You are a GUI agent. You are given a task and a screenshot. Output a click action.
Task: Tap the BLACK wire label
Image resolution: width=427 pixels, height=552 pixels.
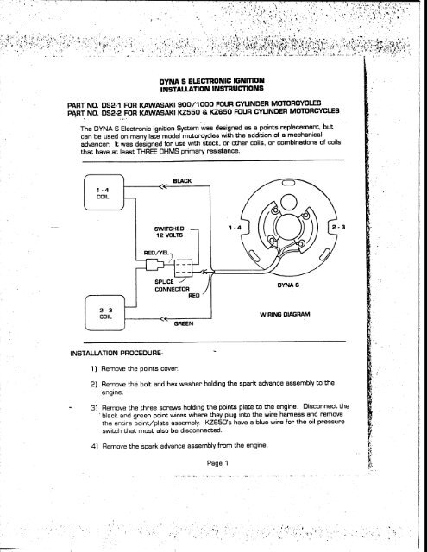pyautogui.click(x=182, y=181)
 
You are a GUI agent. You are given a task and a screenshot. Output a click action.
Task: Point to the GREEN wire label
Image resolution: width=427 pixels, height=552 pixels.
pyautogui.click(x=184, y=323)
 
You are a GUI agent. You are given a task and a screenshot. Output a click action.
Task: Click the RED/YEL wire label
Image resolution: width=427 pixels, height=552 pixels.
pyautogui.click(x=156, y=253)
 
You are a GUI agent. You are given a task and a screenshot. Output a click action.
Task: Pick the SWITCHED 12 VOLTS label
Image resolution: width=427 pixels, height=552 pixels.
pyautogui.click(x=169, y=232)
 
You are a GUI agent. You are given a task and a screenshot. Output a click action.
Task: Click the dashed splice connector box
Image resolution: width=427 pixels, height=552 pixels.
pyautogui.click(x=184, y=268)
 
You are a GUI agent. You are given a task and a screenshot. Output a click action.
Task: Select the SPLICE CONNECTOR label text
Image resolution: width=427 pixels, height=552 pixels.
pyautogui.click(x=173, y=285)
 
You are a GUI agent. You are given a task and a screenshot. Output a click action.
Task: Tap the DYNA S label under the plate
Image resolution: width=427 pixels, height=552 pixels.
pyautogui.click(x=288, y=285)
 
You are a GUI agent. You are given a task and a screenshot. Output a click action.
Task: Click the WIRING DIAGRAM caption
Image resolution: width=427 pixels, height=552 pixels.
pyautogui.click(x=285, y=314)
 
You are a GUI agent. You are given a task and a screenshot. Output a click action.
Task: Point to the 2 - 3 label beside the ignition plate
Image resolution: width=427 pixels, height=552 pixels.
pyautogui.click(x=338, y=227)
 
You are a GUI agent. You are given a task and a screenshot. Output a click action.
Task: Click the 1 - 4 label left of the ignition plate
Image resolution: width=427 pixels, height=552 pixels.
pyautogui.click(x=235, y=228)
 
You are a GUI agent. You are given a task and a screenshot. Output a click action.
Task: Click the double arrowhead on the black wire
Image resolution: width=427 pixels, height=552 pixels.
pyautogui.click(x=163, y=186)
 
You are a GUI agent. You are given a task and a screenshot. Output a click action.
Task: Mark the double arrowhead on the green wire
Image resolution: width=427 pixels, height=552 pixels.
pyautogui.click(x=164, y=319)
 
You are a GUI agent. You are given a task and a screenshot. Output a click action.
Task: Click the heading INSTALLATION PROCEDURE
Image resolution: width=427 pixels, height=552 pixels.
pyautogui.click(x=116, y=353)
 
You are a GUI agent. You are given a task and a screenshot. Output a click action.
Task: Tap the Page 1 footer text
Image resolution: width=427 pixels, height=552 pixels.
pyautogui.click(x=217, y=463)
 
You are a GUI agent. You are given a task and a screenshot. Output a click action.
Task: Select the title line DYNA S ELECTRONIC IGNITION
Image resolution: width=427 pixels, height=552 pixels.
pyautogui.click(x=212, y=81)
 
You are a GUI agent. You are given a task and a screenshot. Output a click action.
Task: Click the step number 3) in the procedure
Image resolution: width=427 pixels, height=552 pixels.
pyautogui.click(x=94, y=408)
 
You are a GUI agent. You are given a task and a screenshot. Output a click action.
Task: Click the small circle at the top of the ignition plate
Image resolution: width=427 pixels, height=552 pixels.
pyautogui.click(x=287, y=201)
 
